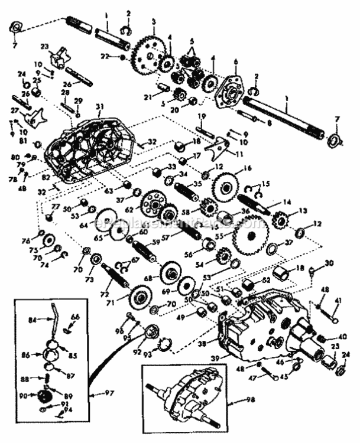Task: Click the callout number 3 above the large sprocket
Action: point(154,21)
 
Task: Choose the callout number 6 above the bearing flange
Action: point(235,61)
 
